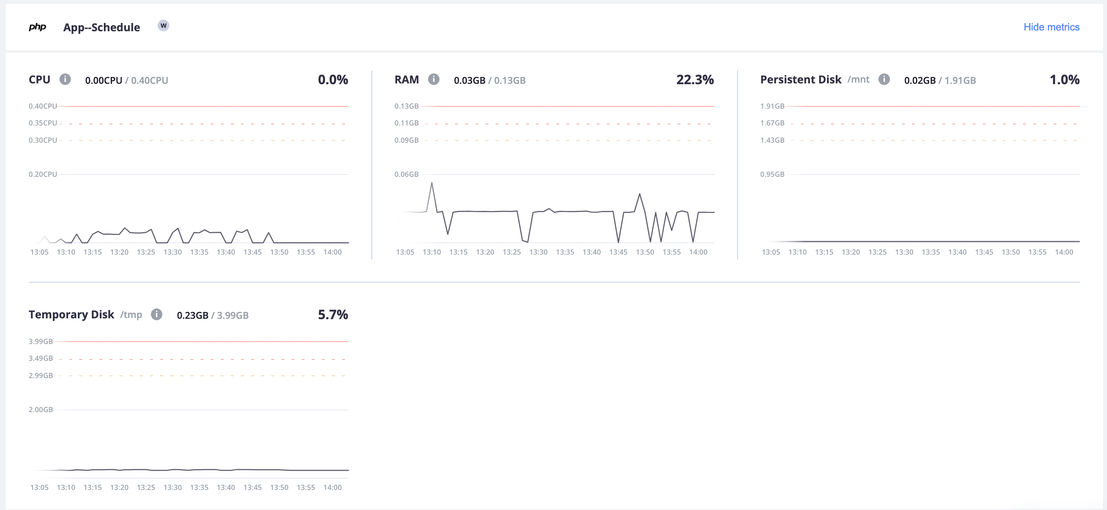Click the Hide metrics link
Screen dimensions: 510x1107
1051,27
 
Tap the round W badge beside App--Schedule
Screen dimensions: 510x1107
163,26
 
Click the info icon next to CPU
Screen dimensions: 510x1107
65,79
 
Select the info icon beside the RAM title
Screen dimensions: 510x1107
434,79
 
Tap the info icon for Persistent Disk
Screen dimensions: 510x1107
884,79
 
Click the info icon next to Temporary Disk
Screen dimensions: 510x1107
156,314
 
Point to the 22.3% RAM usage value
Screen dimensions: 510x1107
694,79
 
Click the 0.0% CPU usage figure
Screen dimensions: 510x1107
333,79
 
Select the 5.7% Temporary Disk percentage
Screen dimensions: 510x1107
333,314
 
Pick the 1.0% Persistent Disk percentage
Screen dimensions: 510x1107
1064,79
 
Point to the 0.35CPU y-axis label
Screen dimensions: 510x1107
43,123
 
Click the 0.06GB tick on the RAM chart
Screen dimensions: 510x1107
406,174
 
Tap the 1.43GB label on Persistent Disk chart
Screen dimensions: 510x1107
772,140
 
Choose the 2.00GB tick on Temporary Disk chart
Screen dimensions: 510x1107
41,409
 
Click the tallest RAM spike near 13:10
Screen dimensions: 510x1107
432,183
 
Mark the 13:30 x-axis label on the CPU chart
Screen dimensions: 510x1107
172,252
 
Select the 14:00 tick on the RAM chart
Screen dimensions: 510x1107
698,252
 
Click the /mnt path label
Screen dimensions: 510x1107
858,79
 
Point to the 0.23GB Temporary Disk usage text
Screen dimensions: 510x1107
192,316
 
